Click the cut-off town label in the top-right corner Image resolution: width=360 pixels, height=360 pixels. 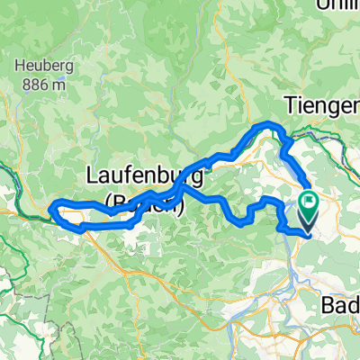coord(337,4)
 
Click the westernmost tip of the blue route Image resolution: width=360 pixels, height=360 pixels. coord(52,209)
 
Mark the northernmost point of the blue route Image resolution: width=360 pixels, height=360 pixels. coord(270,122)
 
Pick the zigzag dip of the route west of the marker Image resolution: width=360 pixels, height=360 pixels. coord(241,216)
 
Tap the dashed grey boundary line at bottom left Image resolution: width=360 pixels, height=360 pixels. coord(27,270)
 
